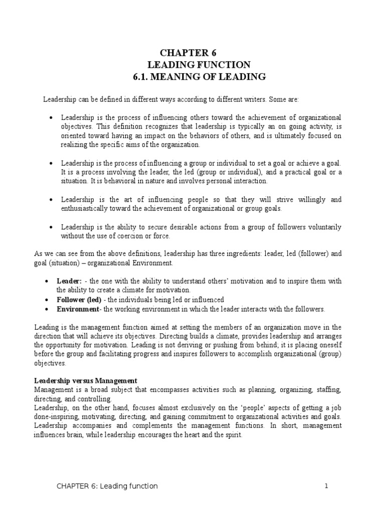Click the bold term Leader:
(69, 282)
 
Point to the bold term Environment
(80, 309)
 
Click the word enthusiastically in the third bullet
(87, 208)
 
